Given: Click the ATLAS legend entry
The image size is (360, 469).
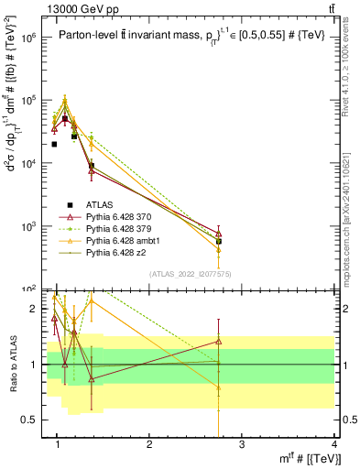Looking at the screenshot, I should [102, 203].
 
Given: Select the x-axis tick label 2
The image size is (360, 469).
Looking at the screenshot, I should [149, 444].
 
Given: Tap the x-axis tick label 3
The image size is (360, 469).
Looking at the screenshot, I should [242, 444].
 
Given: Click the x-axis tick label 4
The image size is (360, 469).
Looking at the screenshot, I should [333, 444].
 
